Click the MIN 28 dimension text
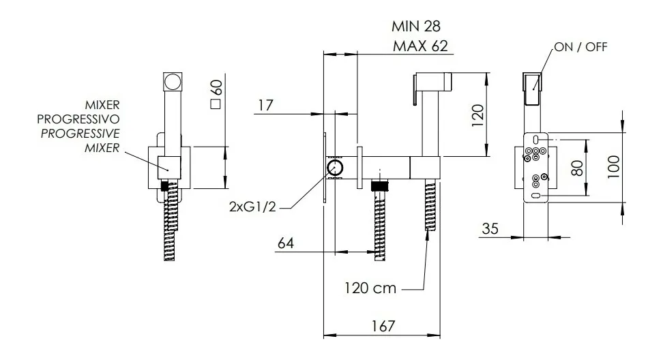pyautogui.click(x=416, y=26)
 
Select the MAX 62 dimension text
pyautogui.click(x=420, y=46)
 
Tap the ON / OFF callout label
pyautogui.click(x=580, y=47)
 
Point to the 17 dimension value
pyautogui.click(x=265, y=105)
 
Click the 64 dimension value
pyautogui.click(x=286, y=243)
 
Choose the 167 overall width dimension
pyautogui.click(x=383, y=326)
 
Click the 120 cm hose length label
pyautogui.click(x=370, y=288)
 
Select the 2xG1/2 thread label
pyautogui.click(x=252, y=207)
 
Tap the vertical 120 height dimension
pyautogui.click(x=477, y=115)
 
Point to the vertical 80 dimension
pyautogui.click(x=577, y=168)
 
